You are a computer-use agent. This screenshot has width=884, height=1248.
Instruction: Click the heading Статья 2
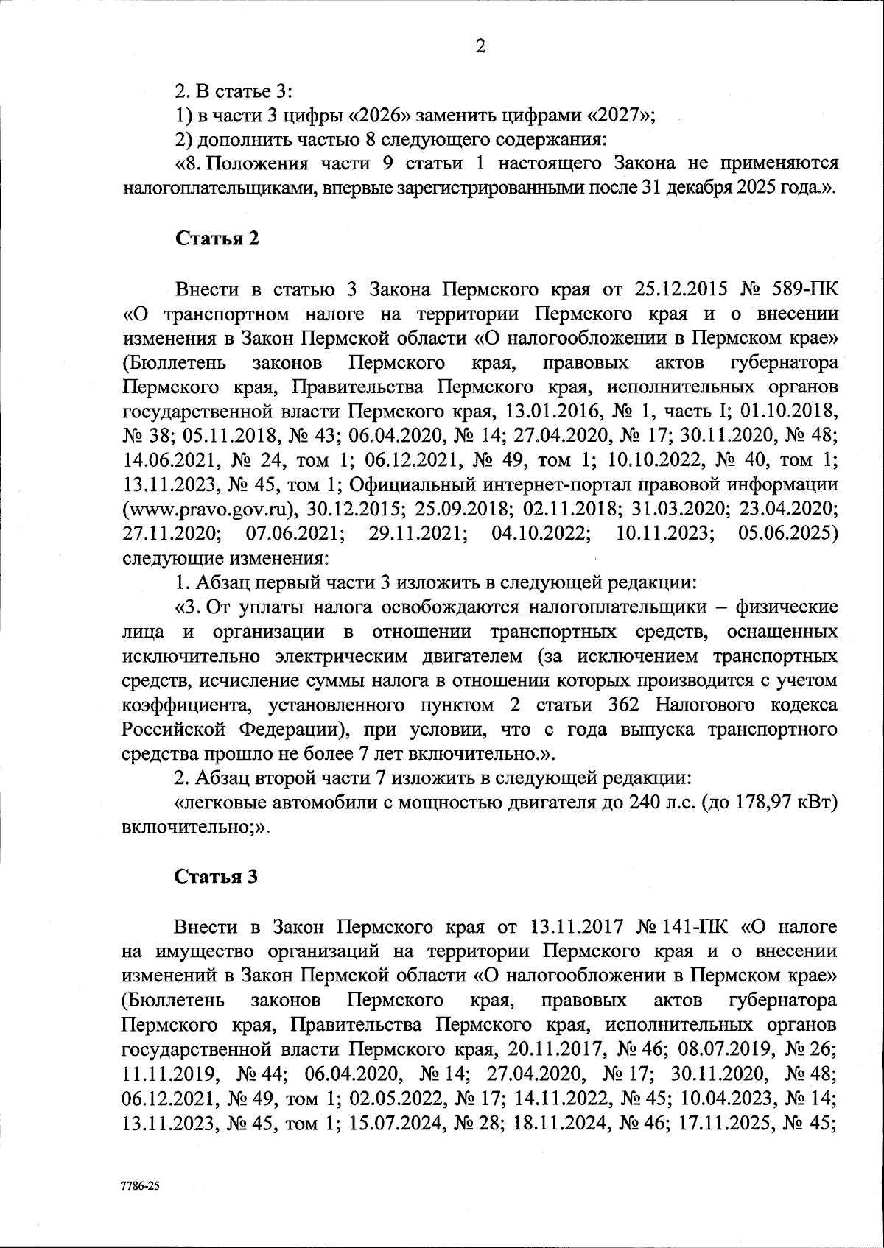click(x=217, y=239)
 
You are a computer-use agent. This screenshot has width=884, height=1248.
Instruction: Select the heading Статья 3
click(x=217, y=877)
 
